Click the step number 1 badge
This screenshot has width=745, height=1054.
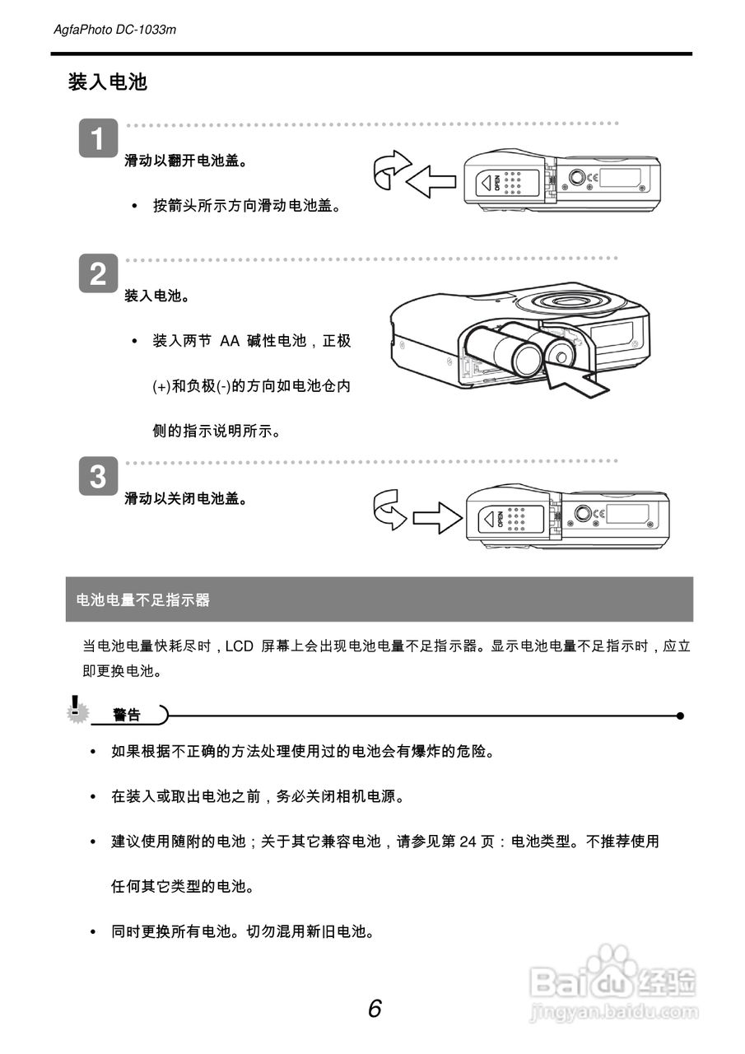(98, 139)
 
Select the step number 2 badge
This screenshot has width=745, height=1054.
(98, 274)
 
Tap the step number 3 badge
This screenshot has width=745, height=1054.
(98, 477)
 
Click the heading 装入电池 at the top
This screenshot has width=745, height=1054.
(107, 82)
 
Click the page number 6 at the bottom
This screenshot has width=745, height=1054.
(375, 1008)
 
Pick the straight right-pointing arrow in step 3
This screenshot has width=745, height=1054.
(437, 517)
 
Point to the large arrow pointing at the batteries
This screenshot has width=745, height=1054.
(576, 380)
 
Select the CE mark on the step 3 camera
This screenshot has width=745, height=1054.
(599, 514)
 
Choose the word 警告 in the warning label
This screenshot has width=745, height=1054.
(127, 716)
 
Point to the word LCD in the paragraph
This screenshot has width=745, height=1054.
(239, 646)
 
